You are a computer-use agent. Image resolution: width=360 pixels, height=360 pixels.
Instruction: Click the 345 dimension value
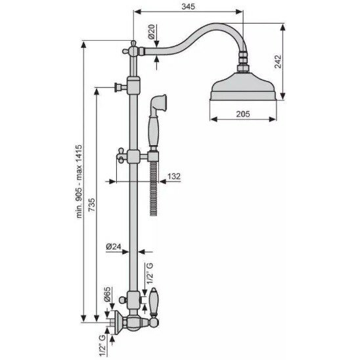188,7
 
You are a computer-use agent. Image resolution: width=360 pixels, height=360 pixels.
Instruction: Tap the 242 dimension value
278,61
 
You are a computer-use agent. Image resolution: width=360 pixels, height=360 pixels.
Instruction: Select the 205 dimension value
243,114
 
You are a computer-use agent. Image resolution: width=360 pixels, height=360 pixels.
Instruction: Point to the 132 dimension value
174,176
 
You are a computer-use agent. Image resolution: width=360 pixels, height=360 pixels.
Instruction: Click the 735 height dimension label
91,205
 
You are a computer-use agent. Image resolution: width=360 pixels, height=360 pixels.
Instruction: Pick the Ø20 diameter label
152,32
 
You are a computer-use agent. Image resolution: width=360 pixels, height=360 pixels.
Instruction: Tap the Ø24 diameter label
114,246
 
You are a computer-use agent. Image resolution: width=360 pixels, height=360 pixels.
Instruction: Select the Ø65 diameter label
107,294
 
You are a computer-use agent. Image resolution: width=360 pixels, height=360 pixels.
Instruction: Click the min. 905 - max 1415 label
79,181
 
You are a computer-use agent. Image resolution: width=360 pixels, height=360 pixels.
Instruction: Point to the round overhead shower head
243,87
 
